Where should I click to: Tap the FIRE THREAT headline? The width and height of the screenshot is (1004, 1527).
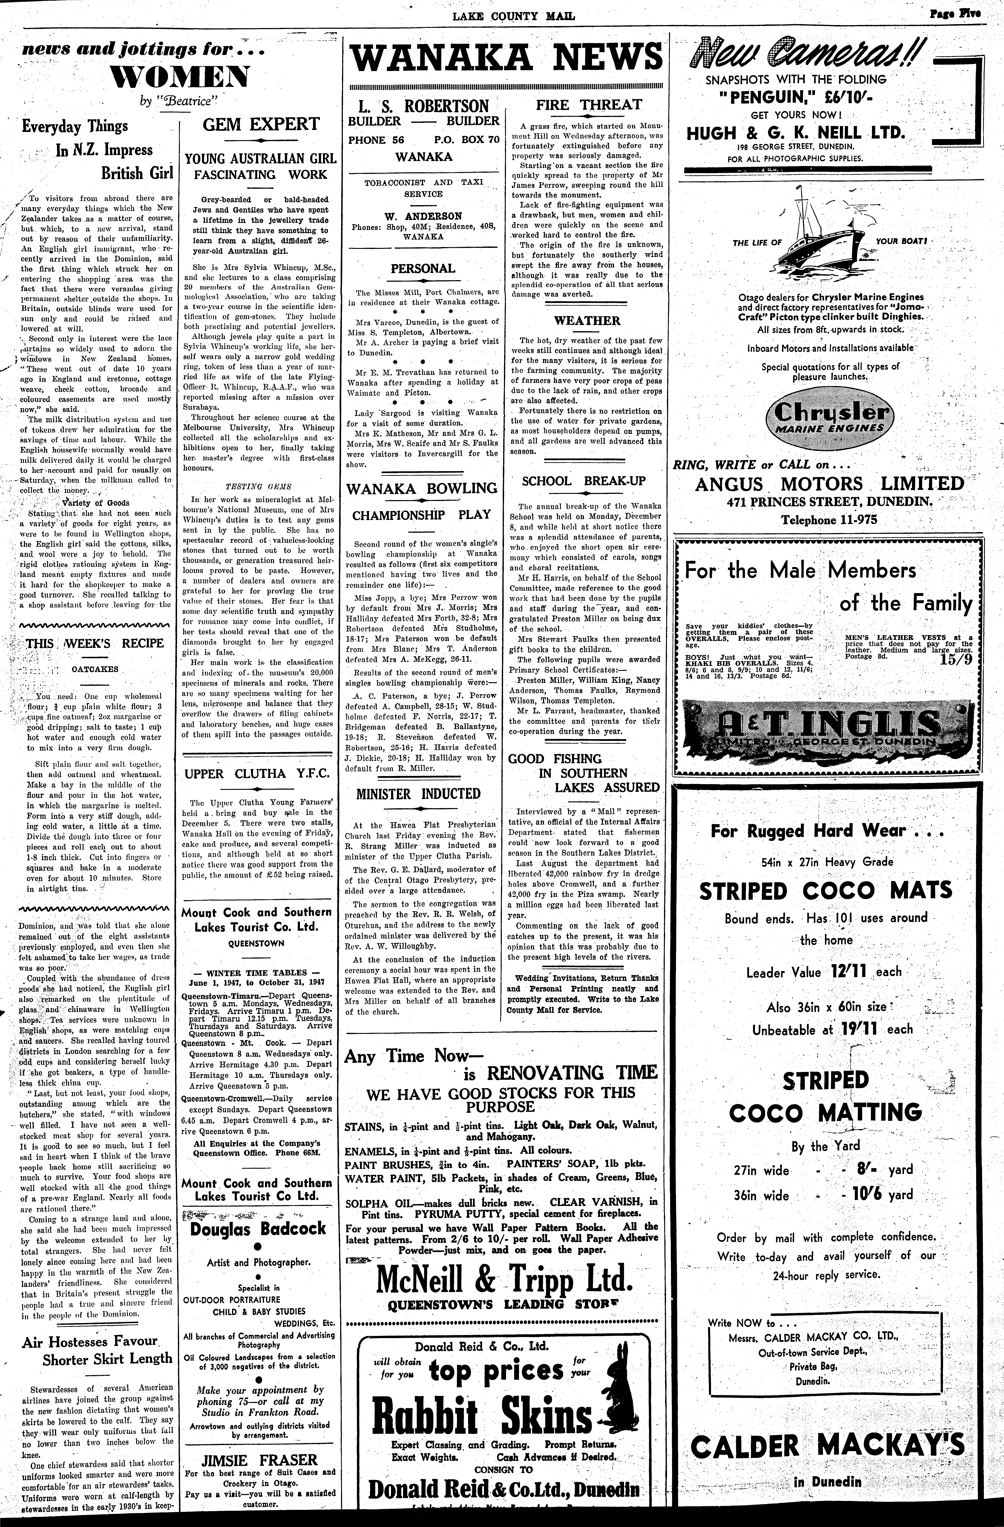(x=589, y=105)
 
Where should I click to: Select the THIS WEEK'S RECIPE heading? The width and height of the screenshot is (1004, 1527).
(x=94, y=643)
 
